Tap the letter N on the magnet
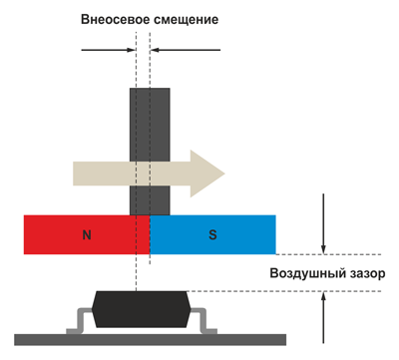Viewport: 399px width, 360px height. click(87, 235)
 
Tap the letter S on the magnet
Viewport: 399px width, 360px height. click(211, 235)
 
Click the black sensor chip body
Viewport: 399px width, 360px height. click(139, 310)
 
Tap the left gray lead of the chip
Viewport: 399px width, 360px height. click(78, 322)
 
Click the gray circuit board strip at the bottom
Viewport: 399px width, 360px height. click(140, 339)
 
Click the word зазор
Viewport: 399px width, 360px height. click(358, 272)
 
